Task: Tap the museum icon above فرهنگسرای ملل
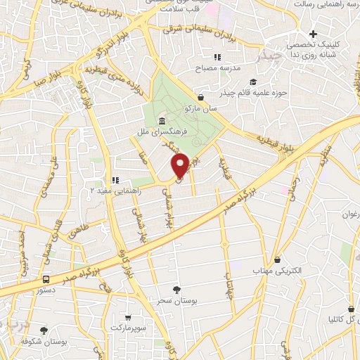pyautogui.click(x=162, y=121)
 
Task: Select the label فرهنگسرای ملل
pyautogui.click(x=162, y=131)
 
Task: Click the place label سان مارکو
pyautogui.click(x=202, y=109)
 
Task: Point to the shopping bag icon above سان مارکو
pyautogui.click(x=202, y=98)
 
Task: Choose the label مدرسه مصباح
pyautogui.click(x=221, y=67)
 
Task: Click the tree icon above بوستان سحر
pyautogui.click(x=176, y=289)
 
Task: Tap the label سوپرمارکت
pyautogui.click(x=127, y=328)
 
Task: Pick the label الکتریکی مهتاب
pyautogui.click(x=280, y=270)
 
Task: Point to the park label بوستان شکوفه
pyautogui.click(x=44, y=340)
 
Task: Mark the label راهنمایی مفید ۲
pyautogui.click(x=114, y=190)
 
